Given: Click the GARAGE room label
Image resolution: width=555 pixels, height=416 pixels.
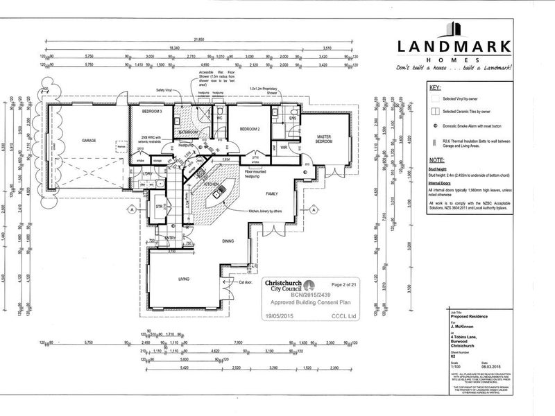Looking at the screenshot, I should pos(88,140).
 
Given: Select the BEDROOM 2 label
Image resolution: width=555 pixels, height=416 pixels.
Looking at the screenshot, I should pos(249,129).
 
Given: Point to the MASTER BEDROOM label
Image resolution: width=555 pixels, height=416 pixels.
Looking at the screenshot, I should pos(325,139).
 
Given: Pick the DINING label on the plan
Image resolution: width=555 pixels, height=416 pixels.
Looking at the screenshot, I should pos(227,241).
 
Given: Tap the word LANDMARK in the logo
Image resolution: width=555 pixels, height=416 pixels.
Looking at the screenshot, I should pos(454,47).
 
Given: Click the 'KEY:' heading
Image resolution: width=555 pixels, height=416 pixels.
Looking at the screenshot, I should pos(435,89).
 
